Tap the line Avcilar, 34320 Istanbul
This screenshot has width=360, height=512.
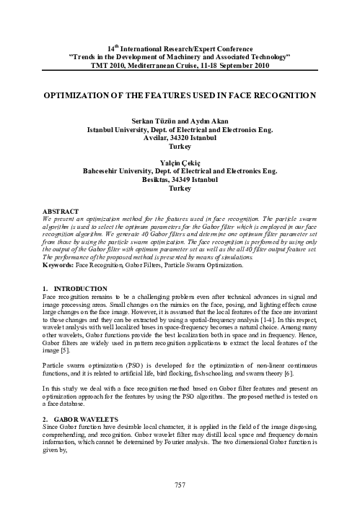tap(180, 135)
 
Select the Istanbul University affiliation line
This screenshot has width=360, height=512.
tap(180, 127)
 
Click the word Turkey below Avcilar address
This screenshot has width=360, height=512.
tap(180, 144)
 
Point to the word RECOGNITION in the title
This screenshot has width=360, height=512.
tap(263, 95)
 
